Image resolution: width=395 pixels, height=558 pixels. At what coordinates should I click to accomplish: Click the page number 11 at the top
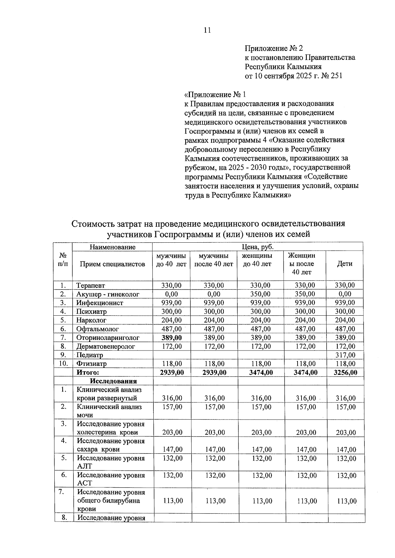207,30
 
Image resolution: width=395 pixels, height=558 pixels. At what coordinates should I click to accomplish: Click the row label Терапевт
91,285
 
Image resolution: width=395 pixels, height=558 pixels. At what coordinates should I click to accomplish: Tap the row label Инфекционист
100,303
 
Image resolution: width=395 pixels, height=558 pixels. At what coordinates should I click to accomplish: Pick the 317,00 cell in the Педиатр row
345,355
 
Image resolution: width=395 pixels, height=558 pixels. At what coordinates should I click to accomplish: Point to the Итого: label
88,372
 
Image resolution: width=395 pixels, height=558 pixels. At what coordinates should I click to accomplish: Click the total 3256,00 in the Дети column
345,372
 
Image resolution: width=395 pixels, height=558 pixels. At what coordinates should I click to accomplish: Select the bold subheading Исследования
113,381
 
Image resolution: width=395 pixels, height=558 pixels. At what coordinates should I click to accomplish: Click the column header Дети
345,264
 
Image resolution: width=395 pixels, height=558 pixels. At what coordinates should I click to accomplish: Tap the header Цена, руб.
258,247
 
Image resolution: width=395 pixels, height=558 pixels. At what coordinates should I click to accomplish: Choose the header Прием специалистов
112,264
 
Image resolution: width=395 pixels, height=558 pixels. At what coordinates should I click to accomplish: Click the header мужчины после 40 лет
214,260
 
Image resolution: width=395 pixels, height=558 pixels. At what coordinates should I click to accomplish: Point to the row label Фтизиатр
92,364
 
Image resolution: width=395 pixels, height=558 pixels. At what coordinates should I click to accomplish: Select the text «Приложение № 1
215,95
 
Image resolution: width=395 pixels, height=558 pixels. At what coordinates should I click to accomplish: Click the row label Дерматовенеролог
106,346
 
